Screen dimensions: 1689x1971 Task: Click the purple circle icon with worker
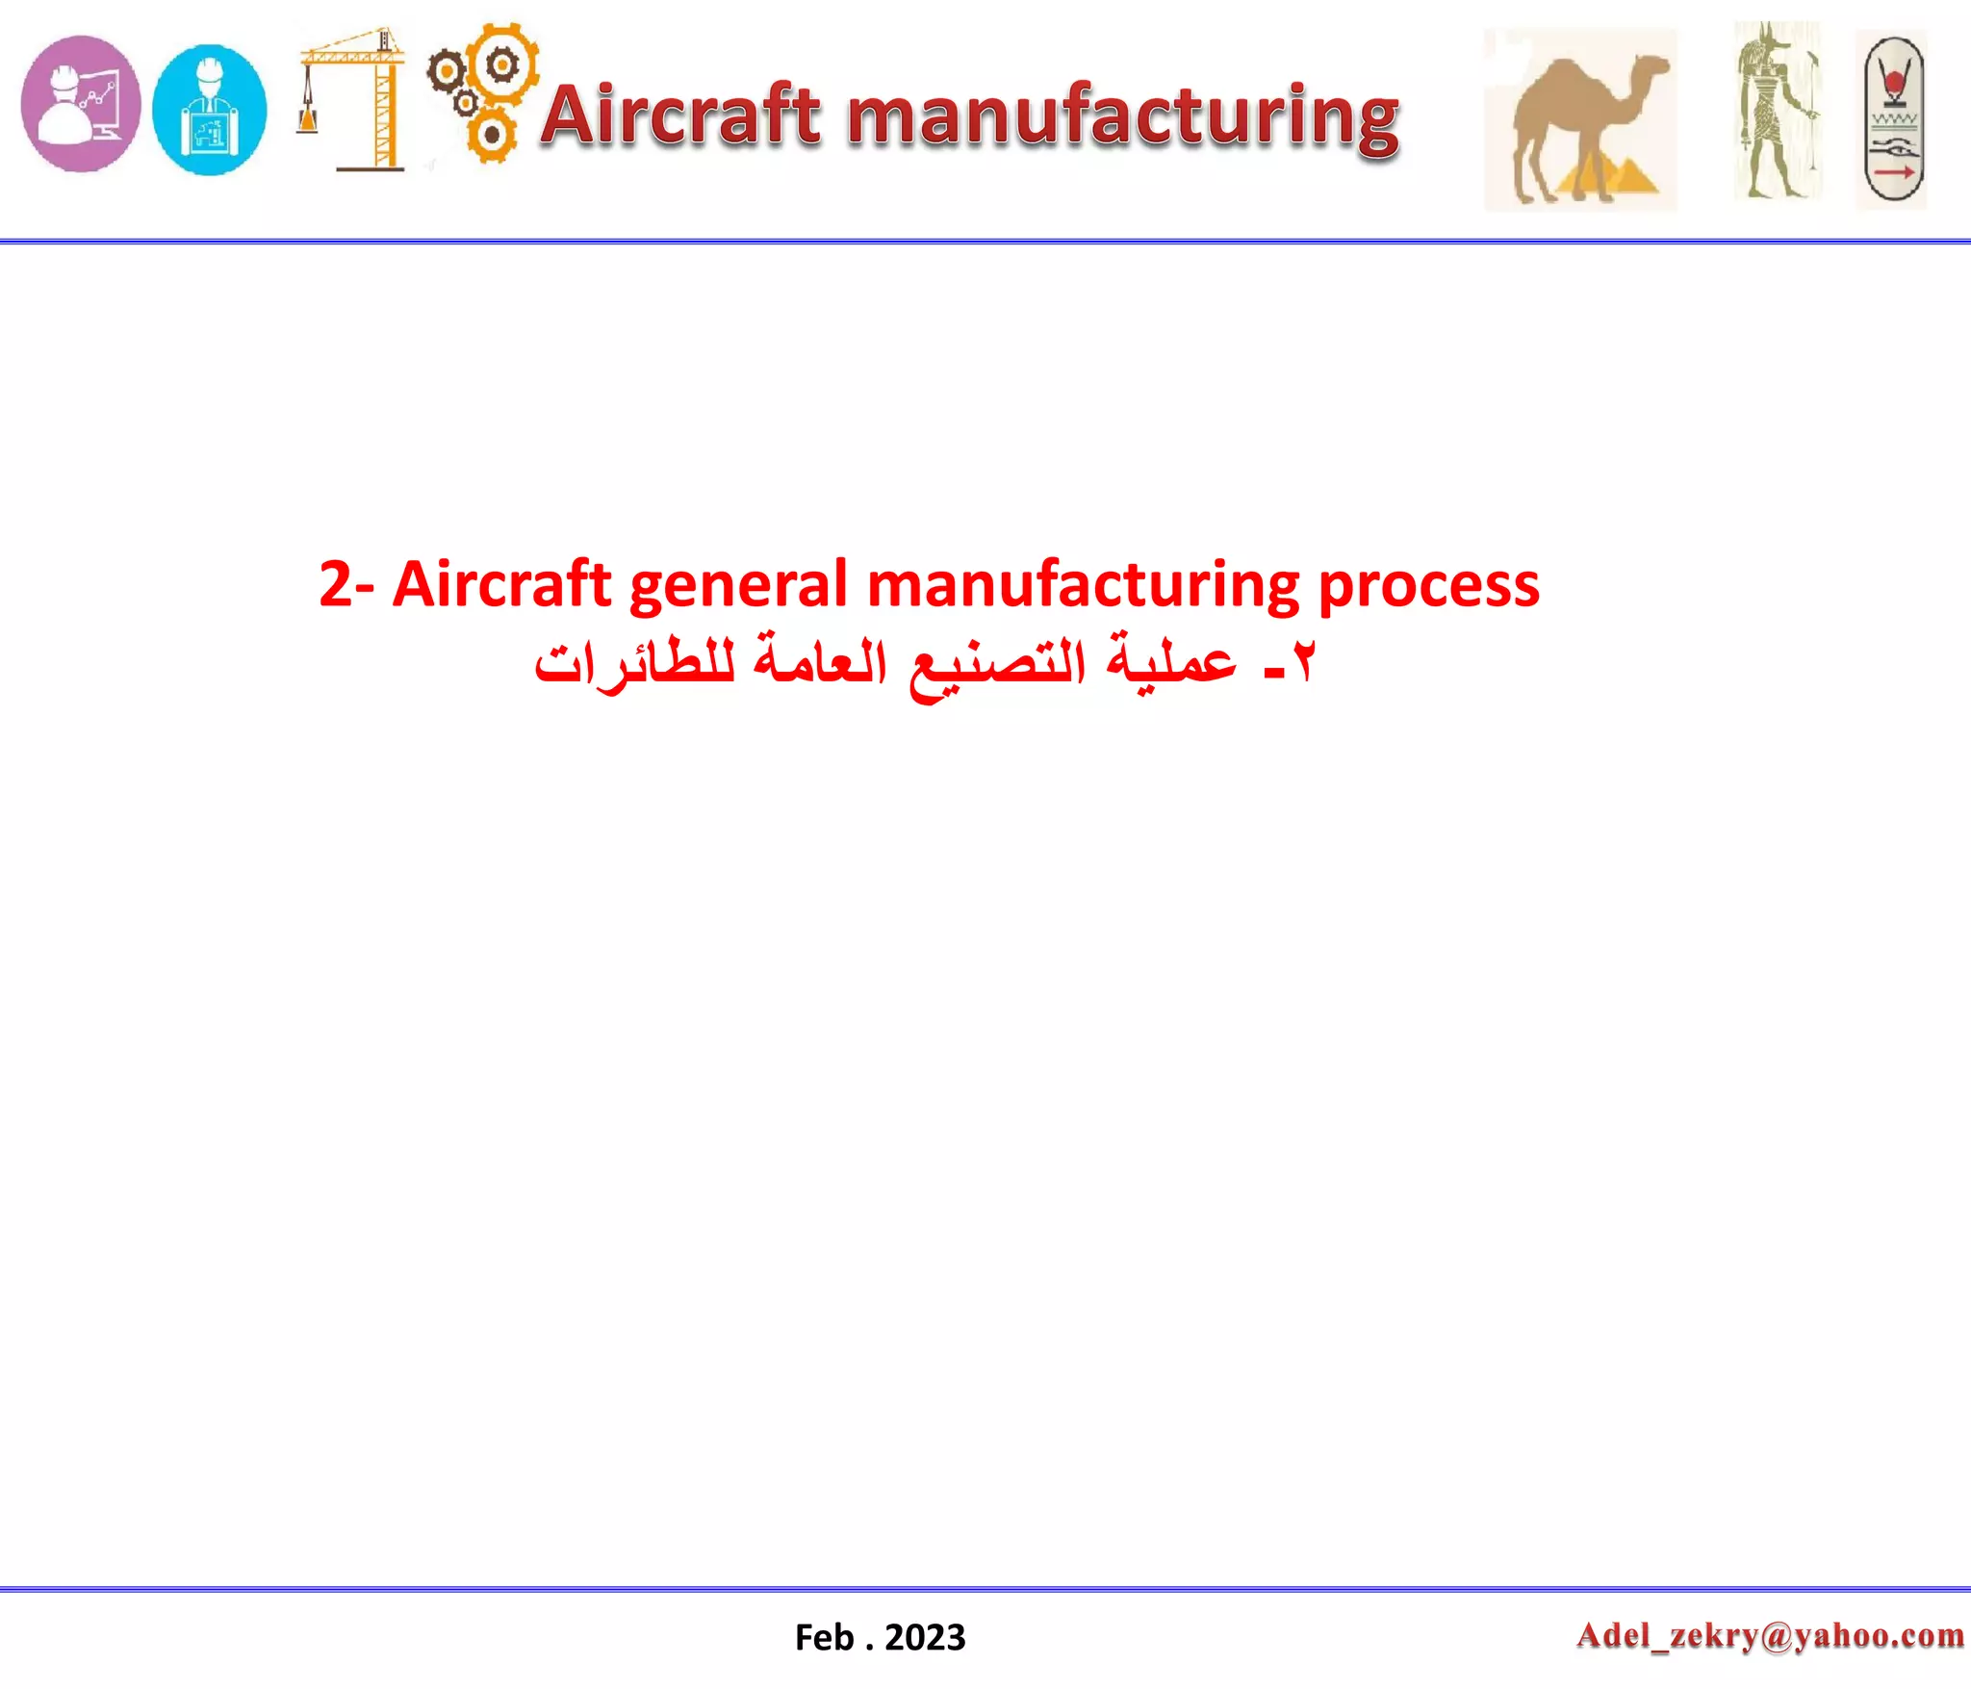(x=81, y=104)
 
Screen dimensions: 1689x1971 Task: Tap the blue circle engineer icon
(x=210, y=110)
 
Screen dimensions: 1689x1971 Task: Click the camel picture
(x=1579, y=118)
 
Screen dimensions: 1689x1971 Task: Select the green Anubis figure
(x=1777, y=111)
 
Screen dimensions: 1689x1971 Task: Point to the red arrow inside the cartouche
(x=1893, y=172)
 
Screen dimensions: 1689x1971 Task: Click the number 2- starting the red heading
(x=346, y=584)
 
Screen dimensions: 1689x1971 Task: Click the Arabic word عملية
(x=1172, y=662)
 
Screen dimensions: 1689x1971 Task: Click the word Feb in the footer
(x=824, y=1637)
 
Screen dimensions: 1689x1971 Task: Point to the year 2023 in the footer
(x=925, y=1637)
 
